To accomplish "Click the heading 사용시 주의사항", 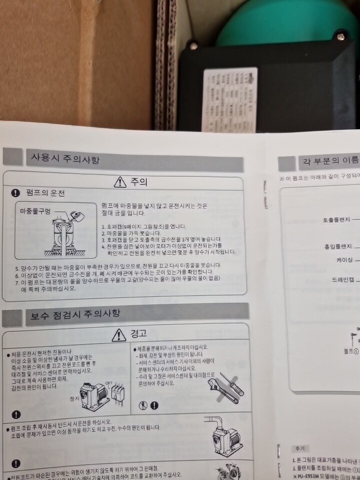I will tap(62, 159).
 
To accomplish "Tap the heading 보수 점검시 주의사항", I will tap(75, 314).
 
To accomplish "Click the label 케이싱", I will tap(343, 260).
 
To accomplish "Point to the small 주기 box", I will tap(300, 448).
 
